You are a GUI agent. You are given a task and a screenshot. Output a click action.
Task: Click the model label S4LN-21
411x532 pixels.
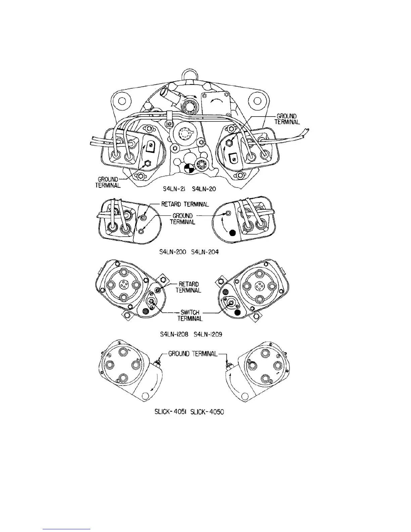point(177,189)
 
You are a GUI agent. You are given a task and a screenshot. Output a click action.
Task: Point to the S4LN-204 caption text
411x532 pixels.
point(205,252)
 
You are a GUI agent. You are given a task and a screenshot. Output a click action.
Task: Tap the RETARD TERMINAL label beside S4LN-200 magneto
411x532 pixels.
point(185,204)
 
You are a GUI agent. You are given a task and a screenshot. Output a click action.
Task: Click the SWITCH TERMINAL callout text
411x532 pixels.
point(190,316)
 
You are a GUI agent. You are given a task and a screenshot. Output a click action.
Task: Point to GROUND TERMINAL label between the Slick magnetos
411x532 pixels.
point(193,354)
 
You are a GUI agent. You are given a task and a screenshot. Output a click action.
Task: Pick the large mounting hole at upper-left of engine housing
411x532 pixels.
point(122,101)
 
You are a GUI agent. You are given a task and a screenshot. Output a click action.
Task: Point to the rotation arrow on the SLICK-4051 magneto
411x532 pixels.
point(155,385)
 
